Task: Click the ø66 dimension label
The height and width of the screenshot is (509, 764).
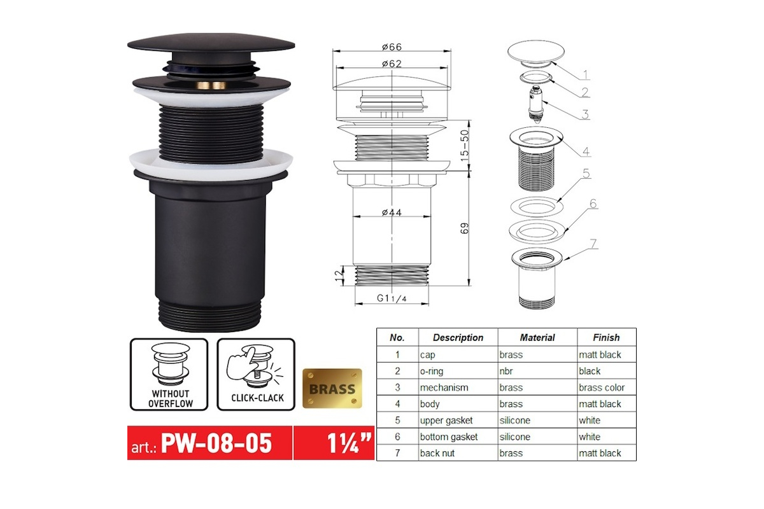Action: pyautogui.click(x=392, y=46)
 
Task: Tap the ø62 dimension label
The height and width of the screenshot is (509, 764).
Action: pyautogui.click(x=392, y=64)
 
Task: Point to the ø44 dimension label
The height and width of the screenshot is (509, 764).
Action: pyautogui.click(x=392, y=213)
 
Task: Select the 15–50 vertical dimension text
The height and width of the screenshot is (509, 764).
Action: pyautogui.click(x=465, y=145)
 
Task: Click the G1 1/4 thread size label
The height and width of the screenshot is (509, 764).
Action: pyautogui.click(x=392, y=298)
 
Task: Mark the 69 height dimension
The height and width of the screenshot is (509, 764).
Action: pyautogui.click(x=465, y=228)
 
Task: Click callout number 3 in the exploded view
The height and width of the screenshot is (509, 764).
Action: pyautogui.click(x=585, y=114)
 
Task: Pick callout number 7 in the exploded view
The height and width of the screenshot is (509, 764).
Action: pyautogui.click(x=594, y=244)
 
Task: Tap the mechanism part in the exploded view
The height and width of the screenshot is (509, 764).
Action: pyautogui.click(x=536, y=102)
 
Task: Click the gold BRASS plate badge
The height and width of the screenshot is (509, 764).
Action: pyautogui.click(x=332, y=388)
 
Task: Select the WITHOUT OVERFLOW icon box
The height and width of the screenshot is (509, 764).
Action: pyautogui.click(x=169, y=374)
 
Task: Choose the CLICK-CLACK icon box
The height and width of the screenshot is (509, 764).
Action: pyautogui.click(x=256, y=374)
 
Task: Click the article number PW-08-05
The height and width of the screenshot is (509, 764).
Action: pyautogui.click(x=216, y=443)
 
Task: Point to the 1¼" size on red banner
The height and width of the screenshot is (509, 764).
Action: pyautogui.click(x=349, y=443)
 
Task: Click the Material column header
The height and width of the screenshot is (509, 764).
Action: pyautogui.click(x=537, y=337)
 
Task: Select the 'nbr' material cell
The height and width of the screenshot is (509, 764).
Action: pyautogui.click(x=506, y=371)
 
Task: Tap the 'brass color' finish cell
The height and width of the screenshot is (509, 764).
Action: pyautogui.click(x=602, y=387)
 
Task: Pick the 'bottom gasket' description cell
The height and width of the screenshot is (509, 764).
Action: pyautogui.click(x=449, y=436)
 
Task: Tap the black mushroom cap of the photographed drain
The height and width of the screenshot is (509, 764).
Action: pyautogui.click(x=211, y=44)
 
